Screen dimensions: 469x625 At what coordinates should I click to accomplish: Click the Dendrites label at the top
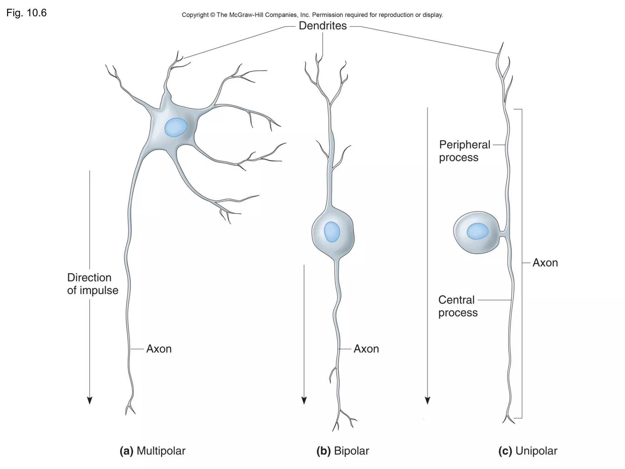tap(323, 26)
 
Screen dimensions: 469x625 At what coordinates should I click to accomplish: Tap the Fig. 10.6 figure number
tap(27, 13)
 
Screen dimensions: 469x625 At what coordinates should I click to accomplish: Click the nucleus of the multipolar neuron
tap(175, 127)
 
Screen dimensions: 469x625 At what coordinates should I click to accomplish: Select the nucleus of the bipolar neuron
tap(332, 232)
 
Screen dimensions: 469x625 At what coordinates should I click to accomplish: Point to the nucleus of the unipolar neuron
tap(477, 231)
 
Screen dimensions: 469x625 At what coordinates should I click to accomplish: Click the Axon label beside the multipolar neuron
tap(159, 349)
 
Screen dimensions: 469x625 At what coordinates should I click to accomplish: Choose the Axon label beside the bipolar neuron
tap(366, 349)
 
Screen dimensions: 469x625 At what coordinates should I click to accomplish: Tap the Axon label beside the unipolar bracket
tap(545, 263)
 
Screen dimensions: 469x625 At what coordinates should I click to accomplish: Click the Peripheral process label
tap(464, 151)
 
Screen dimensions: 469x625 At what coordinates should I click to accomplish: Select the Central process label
tap(457, 306)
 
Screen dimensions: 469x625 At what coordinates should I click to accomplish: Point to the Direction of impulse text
tap(92, 284)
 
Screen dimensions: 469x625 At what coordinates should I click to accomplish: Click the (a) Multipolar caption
tap(153, 451)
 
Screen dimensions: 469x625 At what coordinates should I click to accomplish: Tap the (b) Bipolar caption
tap(343, 451)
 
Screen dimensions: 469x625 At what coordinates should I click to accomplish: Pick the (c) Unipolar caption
tap(528, 451)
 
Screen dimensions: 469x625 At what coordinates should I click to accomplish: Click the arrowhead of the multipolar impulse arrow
tap(89, 401)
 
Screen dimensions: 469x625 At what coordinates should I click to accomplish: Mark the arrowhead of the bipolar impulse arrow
tap(304, 401)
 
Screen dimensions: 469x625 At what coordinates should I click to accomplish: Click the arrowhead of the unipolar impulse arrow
tap(428, 401)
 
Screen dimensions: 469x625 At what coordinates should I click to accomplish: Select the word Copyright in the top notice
tap(195, 15)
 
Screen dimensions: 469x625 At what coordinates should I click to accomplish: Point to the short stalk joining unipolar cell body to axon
tap(502, 234)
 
